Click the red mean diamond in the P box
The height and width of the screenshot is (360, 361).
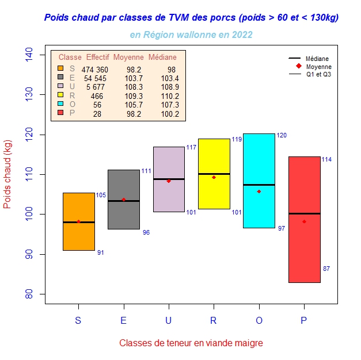pyautogui.click(x=304, y=221)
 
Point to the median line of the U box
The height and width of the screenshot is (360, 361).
pyautogui.click(x=169, y=179)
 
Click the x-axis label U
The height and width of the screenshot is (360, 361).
pyautogui.click(x=169, y=321)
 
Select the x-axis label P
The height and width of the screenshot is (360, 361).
pyautogui.click(x=303, y=321)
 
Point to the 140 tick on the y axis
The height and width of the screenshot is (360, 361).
pyautogui.click(x=29, y=55)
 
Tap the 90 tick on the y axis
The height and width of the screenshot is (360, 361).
pyautogui.click(x=29, y=254)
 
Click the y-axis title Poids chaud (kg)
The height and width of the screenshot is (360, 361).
pyautogui.click(x=8, y=174)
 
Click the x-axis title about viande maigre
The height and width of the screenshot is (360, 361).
pyautogui.click(x=191, y=343)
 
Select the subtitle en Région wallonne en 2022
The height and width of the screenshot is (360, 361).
pyautogui.click(x=191, y=35)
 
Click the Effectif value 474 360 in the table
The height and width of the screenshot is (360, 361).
pyautogui.click(x=94, y=70)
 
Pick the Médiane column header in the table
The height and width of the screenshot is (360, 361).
pyautogui.click(x=163, y=58)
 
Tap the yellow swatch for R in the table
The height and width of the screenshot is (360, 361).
pyautogui.click(x=60, y=95)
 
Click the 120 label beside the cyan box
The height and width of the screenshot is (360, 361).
pyautogui.click(x=282, y=135)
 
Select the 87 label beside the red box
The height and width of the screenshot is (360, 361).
pyautogui.click(x=326, y=269)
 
